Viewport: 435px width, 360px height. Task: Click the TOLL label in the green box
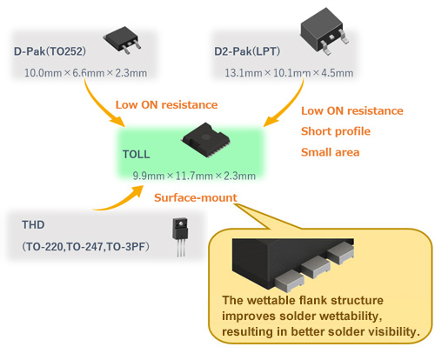click(x=137, y=154)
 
